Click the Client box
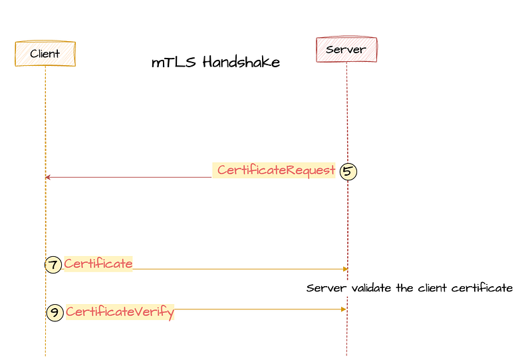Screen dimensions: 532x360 coord(45,53)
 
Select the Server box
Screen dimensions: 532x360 coord(346,49)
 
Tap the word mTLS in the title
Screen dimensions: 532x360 coord(174,62)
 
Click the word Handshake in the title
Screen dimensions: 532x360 coord(241,62)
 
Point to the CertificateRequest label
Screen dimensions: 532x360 coord(276,170)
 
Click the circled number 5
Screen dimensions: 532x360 coord(348,171)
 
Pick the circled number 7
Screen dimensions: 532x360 coord(53,264)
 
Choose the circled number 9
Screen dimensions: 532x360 coord(55,313)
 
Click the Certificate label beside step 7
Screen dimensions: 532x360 coord(98,264)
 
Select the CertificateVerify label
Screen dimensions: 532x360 coord(120,312)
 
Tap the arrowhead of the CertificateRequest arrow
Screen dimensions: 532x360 coord(47,177)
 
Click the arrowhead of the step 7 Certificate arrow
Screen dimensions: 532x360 coord(345,269)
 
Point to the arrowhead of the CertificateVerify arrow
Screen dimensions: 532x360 coord(344,309)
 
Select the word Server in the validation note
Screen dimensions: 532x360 coord(327,288)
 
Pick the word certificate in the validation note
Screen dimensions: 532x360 coord(481,288)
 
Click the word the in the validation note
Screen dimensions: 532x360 coord(404,288)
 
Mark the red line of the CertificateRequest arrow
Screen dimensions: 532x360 coord(128,177)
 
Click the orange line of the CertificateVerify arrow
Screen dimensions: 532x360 coord(260,309)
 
